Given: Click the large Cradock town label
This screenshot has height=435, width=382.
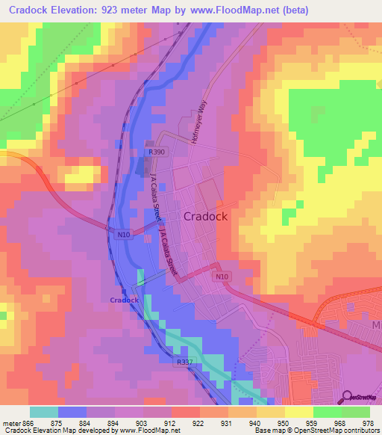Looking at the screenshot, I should [x=205, y=216].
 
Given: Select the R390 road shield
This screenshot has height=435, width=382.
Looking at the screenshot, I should [x=156, y=152].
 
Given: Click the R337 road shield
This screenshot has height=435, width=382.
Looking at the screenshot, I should [x=186, y=362].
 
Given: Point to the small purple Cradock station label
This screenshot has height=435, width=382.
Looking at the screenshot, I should [x=124, y=300].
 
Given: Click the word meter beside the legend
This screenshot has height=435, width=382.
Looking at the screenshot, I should [x=12, y=424].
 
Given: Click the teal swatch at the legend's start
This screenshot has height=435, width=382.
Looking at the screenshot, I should [x=44, y=412].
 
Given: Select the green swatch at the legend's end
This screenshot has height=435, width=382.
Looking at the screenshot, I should [x=356, y=412].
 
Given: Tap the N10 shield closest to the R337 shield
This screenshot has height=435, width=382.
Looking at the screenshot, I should [x=219, y=277].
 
